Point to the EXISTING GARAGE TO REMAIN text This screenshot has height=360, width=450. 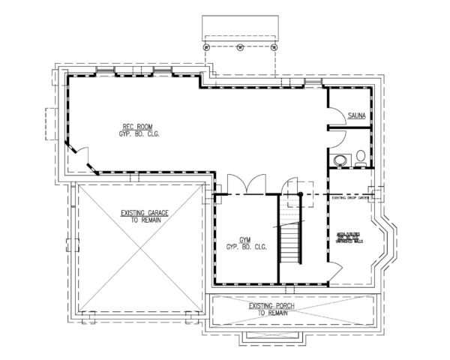pyautogui.click(x=144, y=217)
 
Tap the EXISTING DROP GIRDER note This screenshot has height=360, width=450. pyautogui.click(x=349, y=199)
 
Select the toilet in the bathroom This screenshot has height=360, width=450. pyautogui.click(x=360, y=157)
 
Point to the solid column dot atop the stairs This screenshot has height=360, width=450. pyautogui.click(x=300, y=195)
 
